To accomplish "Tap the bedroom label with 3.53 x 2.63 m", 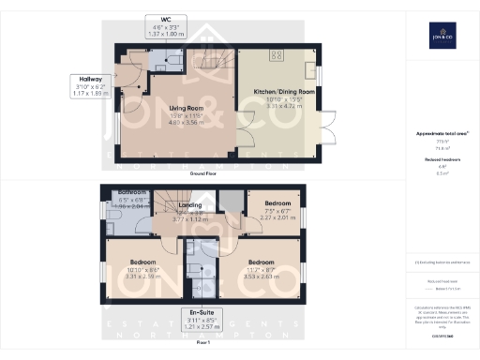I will [260, 268].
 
